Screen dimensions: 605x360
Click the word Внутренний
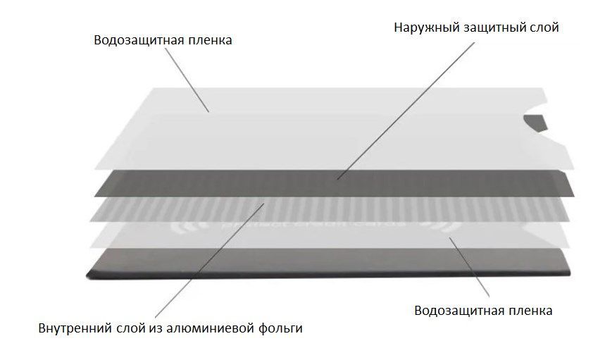75,328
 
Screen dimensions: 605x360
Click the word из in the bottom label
154,329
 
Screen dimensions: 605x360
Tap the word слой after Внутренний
130,329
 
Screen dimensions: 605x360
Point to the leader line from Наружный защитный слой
406,111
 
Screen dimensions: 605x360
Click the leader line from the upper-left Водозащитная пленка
187,80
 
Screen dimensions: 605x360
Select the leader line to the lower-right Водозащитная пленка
469,267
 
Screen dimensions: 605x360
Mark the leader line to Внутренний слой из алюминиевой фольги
209,260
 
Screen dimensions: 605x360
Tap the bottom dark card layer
328,262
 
